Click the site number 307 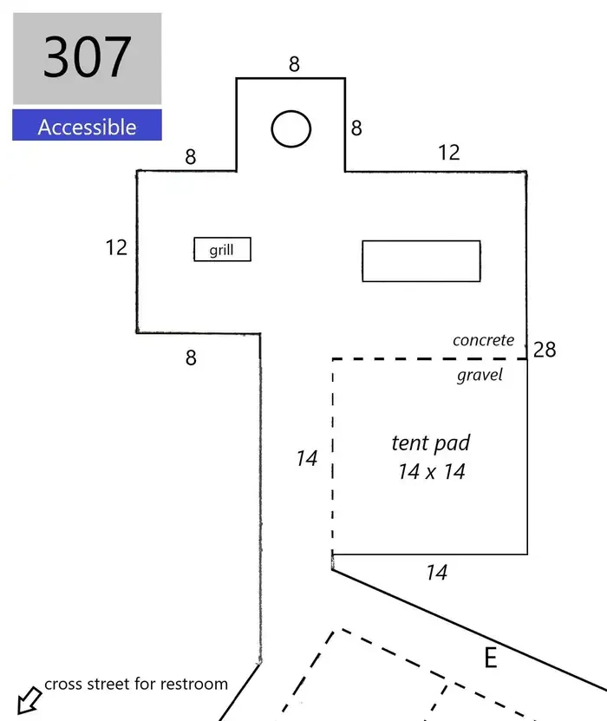coord(88,57)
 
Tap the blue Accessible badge coord(87,125)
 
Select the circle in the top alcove coord(290,128)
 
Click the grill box coord(222,249)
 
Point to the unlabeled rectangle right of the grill coord(421,260)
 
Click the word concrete coord(483,340)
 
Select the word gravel coord(480,375)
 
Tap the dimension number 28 coord(545,350)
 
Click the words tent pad coord(431,443)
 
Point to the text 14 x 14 coord(432,472)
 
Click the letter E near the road coord(491,658)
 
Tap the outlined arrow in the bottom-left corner coord(29,700)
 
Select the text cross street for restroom coord(136,685)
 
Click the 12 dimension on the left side coord(116,247)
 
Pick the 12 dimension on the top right coord(449,153)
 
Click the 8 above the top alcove coord(294,64)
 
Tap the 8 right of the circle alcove coord(356,128)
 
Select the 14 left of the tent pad coord(306,458)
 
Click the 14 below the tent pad coord(436,573)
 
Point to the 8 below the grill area coord(191,357)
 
